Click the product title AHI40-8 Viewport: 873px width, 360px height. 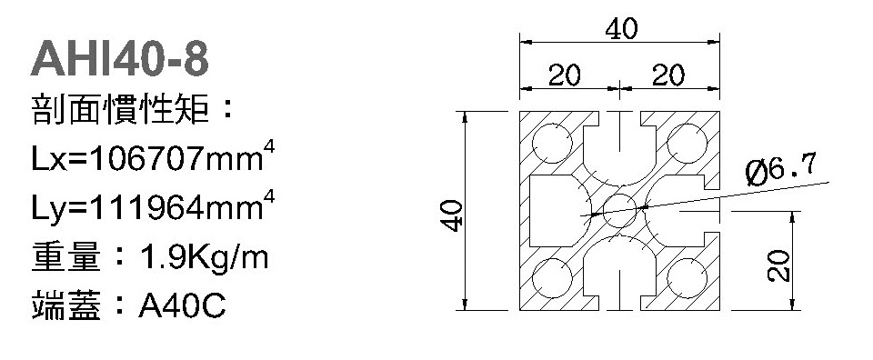point(120,59)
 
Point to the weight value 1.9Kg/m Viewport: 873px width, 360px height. point(205,257)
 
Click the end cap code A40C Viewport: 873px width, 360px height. point(182,305)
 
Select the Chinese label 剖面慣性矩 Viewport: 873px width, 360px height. point(120,110)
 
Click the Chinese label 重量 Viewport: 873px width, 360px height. point(66,257)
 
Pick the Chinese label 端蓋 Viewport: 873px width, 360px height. point(66,305)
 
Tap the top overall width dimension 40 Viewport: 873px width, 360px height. point(621,28)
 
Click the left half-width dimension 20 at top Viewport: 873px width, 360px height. point(565,75)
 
